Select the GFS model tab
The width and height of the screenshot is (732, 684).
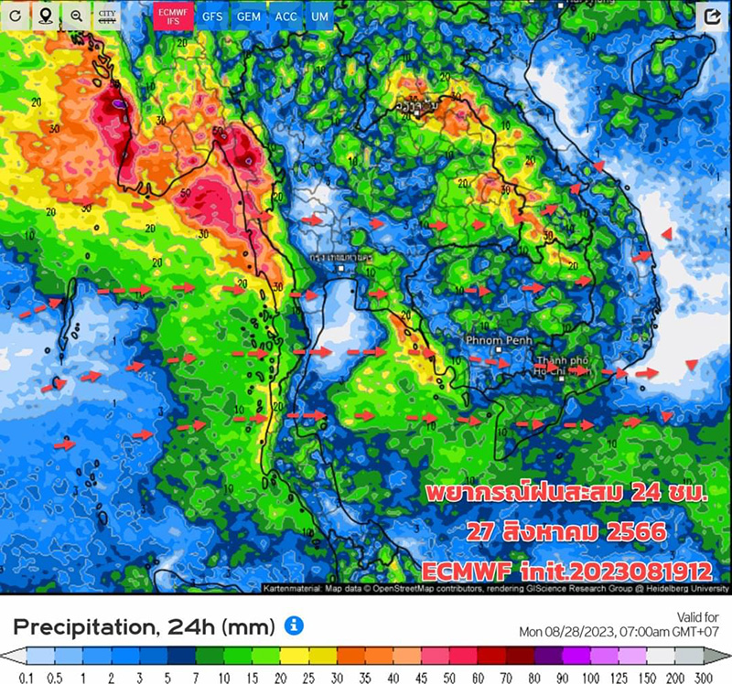(212, 16)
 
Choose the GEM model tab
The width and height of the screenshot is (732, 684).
(248, 16)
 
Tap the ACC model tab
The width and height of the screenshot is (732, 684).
(285, 16)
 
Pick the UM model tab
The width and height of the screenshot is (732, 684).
(319, 16)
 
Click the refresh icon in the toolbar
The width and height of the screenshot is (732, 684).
(15, 16)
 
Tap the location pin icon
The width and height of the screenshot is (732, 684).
(46, 16)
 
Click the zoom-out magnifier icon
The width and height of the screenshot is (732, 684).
(76, 16)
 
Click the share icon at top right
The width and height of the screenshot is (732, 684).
(712, 16)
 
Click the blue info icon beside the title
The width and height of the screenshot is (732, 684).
(294, 625)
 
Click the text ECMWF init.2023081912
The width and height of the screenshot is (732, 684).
(567, 571)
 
